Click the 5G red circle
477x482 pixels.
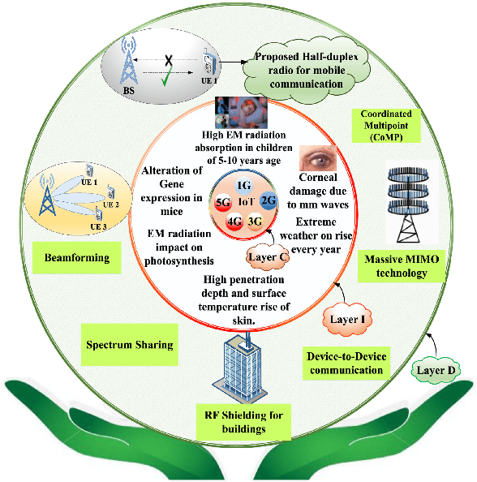pos(221,200)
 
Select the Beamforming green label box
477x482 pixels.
pos(78,258)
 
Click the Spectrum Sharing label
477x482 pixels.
pos(129,345)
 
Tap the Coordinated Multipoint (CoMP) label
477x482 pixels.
pos(385,126)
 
